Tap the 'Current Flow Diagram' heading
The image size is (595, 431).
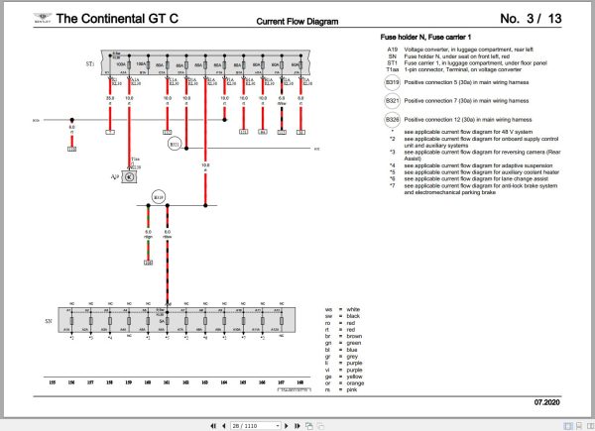pyautogui.click(x=297, y=20)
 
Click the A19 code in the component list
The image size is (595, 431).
pyautogui.click(x=393, y=49)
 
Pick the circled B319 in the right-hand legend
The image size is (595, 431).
pyautogui.click(x=393, y=83)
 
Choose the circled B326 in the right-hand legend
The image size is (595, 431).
pyautogui.click(x=393, y=119)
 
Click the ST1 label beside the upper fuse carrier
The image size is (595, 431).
pyautogui.click(x=90, y=63)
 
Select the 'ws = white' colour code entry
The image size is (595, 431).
pyautogui.click(x=339, y=309)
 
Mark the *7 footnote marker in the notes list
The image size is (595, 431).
pyautogui.click(x=393, y=185)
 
